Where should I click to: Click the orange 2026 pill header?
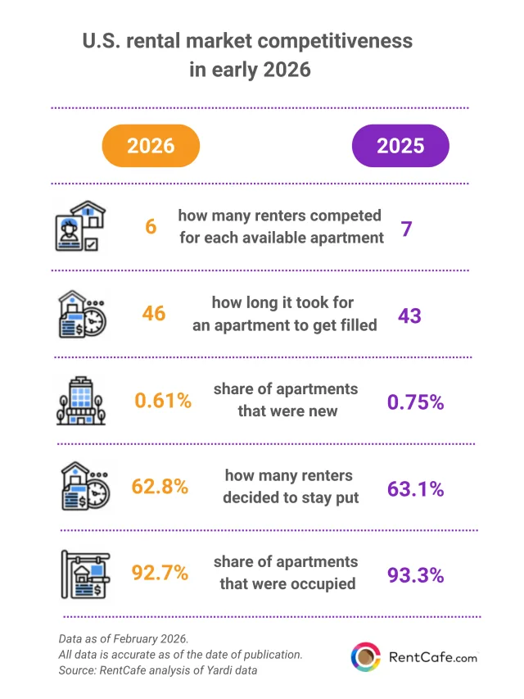coord(151,145)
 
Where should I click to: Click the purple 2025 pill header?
coord(400,145)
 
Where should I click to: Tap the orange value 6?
coord(151,226)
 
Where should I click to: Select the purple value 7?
coord(405,229)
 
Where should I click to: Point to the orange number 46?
coord(153,314)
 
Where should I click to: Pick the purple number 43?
coord(409,315)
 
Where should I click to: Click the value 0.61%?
coord(163,401)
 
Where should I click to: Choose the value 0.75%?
coord(414,402)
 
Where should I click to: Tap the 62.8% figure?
coord(160,486)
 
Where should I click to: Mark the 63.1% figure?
coord(415,489)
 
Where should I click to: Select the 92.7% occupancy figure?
coord(160,571)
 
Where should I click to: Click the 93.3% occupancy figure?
coord(415,574)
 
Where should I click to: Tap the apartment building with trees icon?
coord(80,401)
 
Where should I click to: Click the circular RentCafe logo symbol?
coord(365,656)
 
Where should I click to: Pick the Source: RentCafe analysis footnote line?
coord(157,671)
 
